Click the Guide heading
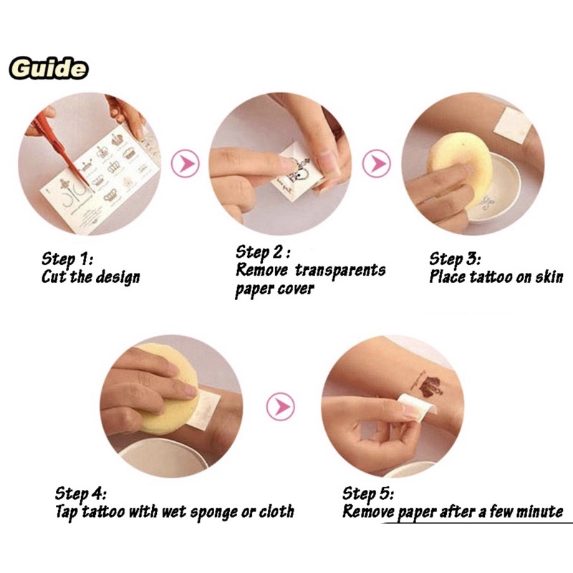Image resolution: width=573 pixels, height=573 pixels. [49, 68]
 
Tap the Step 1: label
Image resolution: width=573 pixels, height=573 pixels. [67, 259]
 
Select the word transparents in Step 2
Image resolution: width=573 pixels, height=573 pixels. [340, 270]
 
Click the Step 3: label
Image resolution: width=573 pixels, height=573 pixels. [455, 259]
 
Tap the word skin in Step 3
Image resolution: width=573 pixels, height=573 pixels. [549, 276]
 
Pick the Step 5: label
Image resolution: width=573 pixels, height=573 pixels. [368, 494]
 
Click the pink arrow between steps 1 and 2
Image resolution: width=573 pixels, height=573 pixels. [186, 163]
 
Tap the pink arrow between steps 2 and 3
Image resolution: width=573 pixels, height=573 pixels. [377, 163]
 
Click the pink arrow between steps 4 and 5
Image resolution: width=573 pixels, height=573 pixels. [280, 406]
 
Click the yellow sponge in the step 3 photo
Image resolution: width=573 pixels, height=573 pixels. [460, 168]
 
